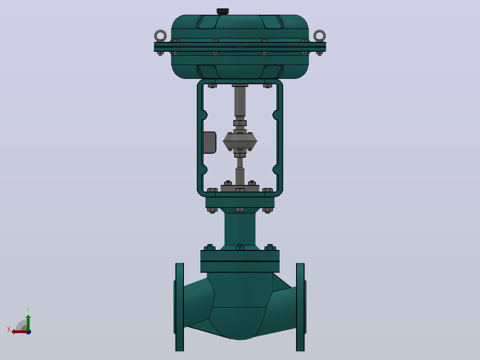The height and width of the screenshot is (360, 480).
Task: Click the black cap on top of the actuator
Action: (223, 11)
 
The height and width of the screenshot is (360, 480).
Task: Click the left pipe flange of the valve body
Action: (179, 307)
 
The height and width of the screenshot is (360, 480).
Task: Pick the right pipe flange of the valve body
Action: (301, 307)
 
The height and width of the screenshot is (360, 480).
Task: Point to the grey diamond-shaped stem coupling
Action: (240, 141)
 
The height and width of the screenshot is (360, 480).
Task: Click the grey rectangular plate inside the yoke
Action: (210, 143)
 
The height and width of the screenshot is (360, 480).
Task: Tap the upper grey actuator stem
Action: (240, 102)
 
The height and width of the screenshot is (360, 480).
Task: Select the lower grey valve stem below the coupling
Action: (240, 172)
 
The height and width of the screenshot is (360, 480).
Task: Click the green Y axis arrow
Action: (28, 323)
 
